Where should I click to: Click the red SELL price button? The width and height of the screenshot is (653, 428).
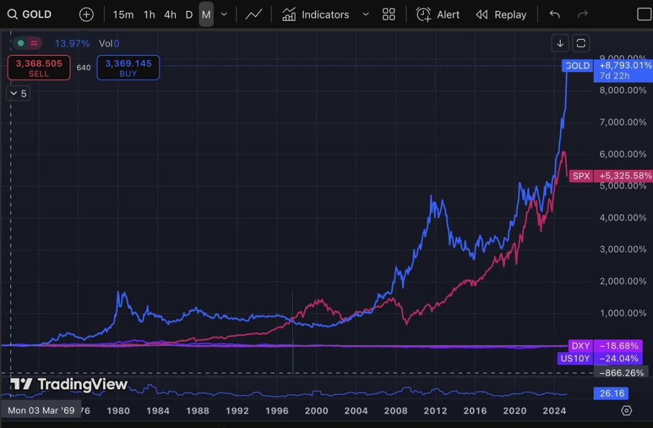pyautogui.click(x=39, y=68)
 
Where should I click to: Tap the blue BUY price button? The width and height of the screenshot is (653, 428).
pyautogui.click(x=128, y=68)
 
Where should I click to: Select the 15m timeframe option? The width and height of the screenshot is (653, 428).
pyautogui.click(x=123, y=15)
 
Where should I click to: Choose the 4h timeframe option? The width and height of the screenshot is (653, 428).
pyautogui.click(x=170, y=15)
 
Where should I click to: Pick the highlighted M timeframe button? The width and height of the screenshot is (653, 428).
pyautogui.click(x=206, y=15)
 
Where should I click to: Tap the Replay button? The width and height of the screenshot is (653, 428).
pyautogui.click(x=501, y=15)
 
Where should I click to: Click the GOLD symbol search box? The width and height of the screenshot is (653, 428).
pyautogui.click(x=30, y=15)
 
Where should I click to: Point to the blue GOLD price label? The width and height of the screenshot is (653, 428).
pyautogui.click(x=577, y=65)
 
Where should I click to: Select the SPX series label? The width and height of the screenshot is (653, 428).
pyautogui.click(x=581, y=176)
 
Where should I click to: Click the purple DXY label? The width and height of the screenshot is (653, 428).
pyautogui.click(x=580, y=346)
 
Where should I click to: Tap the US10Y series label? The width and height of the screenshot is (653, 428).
pyautogui.click(x=574, y=358)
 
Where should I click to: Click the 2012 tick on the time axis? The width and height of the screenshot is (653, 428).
pyautogui.click(x=435, y=410)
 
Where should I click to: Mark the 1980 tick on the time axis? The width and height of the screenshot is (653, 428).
pyautogui.click(x=119, y=410)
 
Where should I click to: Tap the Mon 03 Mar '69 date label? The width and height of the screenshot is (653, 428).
pyautogui.click(x=41, y=410)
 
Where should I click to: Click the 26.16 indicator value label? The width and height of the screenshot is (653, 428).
pyautogui.click(x=611, y=393)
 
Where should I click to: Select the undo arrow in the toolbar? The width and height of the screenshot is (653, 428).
pyautogui.click(x=554, y=15)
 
